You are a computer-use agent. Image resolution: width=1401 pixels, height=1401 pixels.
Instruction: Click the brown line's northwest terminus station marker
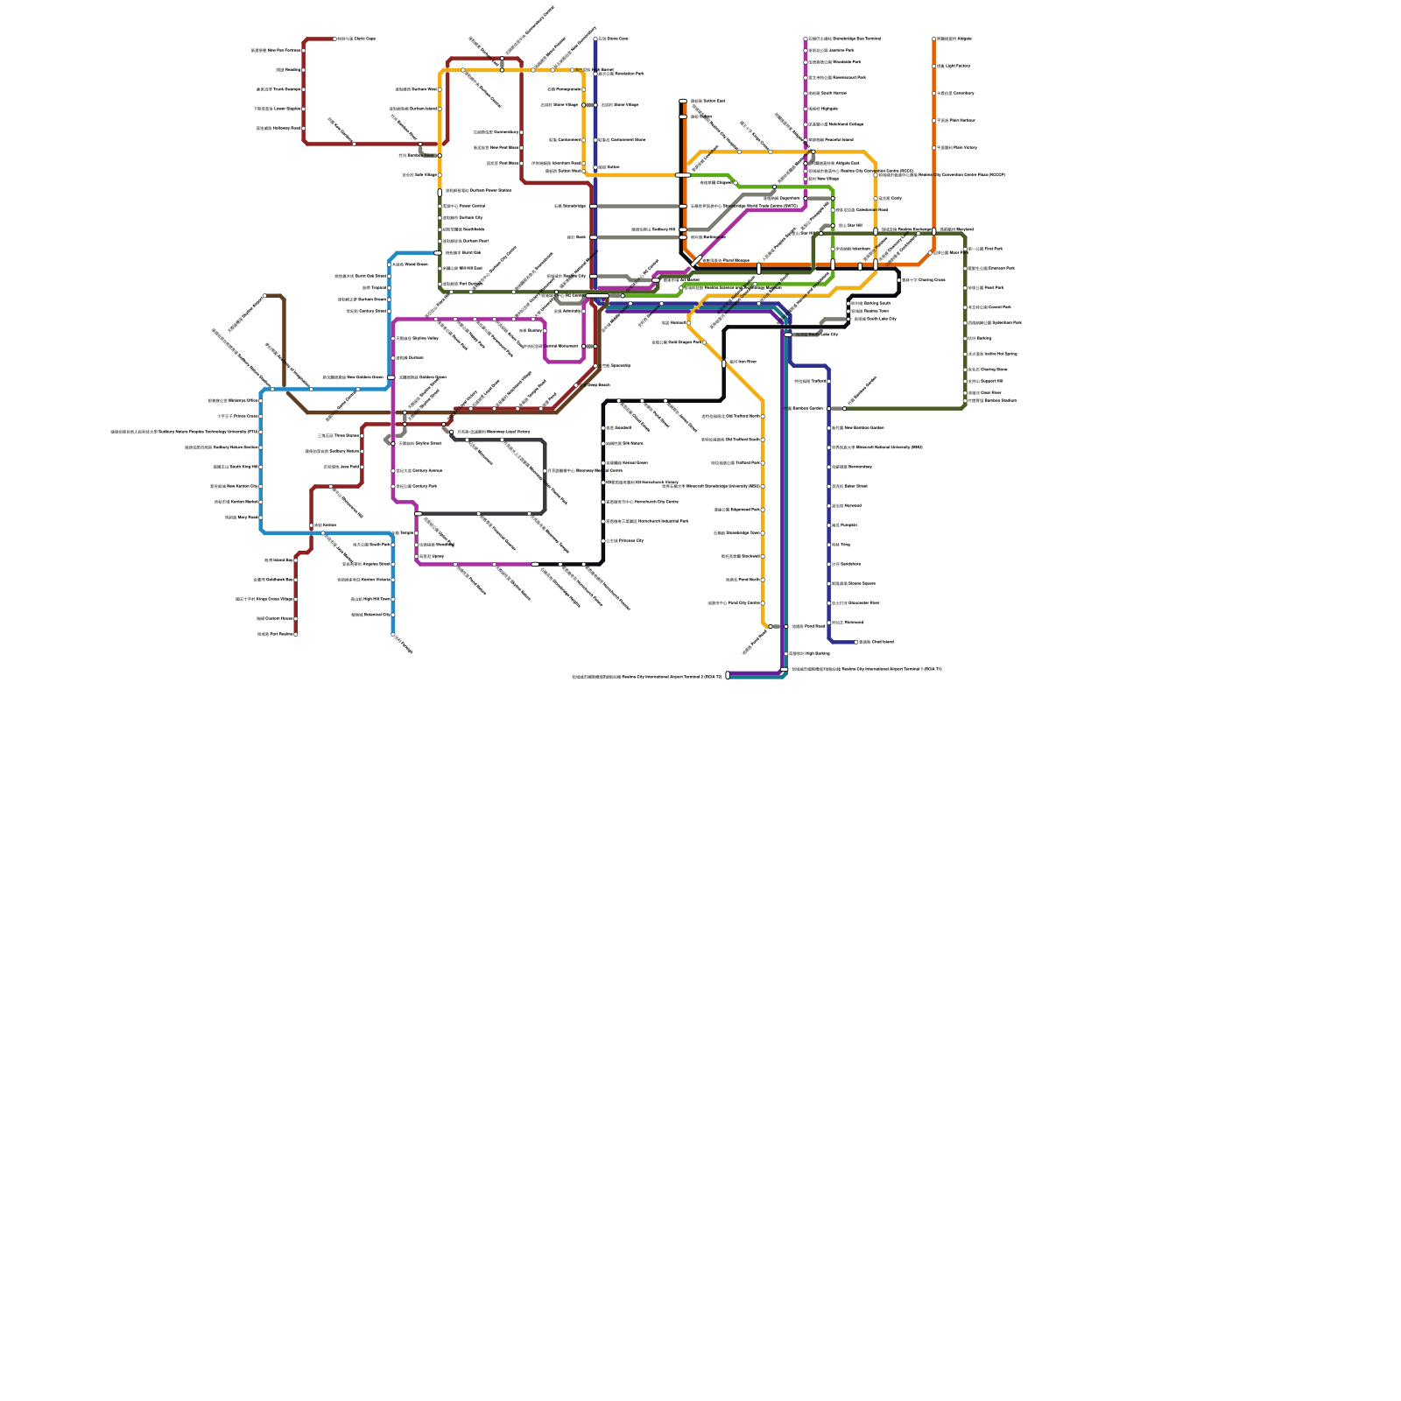[264, 296]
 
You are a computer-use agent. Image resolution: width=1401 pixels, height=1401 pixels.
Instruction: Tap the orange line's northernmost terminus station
[934, 39]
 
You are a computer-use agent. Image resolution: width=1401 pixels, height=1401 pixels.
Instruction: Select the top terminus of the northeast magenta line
[806, 39]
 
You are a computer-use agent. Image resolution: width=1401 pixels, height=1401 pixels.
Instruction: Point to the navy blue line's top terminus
[595, 39]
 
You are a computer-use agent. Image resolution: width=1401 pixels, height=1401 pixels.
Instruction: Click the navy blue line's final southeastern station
[855, 642]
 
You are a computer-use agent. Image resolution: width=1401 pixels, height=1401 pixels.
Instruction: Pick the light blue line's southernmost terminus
[393, 634]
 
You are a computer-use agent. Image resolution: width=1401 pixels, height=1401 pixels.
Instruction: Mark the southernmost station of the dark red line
[296, 634]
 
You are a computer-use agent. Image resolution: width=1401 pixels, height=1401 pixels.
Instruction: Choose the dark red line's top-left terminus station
[334, 39]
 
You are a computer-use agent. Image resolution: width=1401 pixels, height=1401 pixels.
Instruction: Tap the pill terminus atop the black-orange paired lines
[683, 102]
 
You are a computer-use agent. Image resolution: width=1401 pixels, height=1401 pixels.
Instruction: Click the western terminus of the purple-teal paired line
[728, 675]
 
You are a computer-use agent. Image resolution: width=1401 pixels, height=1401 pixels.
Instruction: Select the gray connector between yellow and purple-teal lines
[777, 627]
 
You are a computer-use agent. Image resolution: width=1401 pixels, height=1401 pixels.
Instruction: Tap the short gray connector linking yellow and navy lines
[589, 105]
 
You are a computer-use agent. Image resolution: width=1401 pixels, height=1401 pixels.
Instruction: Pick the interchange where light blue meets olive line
[438, 253]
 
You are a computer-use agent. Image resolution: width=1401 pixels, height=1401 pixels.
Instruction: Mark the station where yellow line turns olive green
[440, 192]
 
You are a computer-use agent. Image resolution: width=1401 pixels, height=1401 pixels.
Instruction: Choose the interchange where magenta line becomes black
[535, 564]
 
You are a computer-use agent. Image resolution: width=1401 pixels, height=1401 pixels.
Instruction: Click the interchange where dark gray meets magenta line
[418, 514]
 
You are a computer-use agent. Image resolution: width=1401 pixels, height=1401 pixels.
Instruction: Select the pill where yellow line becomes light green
[683, 175]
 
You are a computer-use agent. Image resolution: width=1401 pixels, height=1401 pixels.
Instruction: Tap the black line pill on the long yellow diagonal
[724, 363]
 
